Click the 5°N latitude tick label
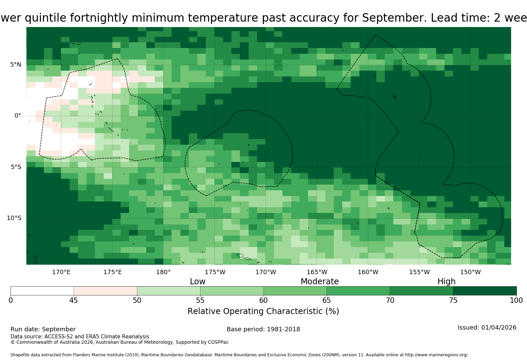[x=16, y=65]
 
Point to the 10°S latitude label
[x=14, y=218]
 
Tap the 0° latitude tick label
[x=18, y=116]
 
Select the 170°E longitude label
[x=61, y=272]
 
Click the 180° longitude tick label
[x=163, y=272]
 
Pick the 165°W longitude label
[x=317, y=272]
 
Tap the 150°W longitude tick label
[x=470, y=272]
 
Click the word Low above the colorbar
[x=198, y=282]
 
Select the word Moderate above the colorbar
[x=320, y=282]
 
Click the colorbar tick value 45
[x=74, y=301]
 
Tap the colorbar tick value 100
[x=517, y=301]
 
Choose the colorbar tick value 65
[x=327, y=301]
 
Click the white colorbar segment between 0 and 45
[x=42, y=291]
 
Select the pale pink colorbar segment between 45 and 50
[x=105, y=291]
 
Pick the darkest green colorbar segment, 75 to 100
[x=485, y=291]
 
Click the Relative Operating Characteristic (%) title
[x=263, y=312]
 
